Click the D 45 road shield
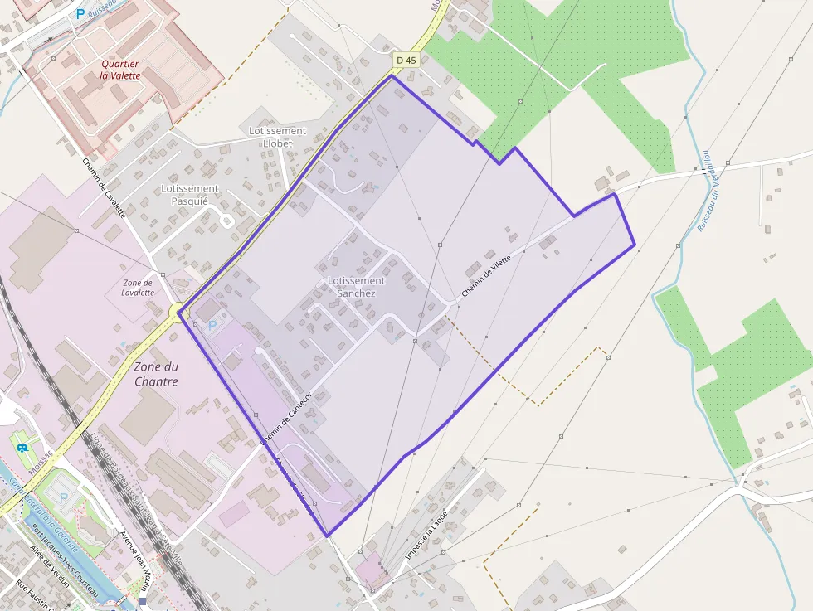[x=406, y=60]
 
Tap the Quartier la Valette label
[x=120, y=70]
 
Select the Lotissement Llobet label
[x=277, y=137]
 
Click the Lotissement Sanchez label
[x=356, y=287]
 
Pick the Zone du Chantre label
[x=156, y=374]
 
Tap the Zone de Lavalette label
[x=138, y=287]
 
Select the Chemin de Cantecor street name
[x=289, y=419]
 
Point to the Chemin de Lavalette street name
[x=104, y=188]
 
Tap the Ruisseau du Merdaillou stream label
[x=708, y=191]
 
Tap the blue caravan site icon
[x=22, y=449]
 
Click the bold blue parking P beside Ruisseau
[x=80, y=13]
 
